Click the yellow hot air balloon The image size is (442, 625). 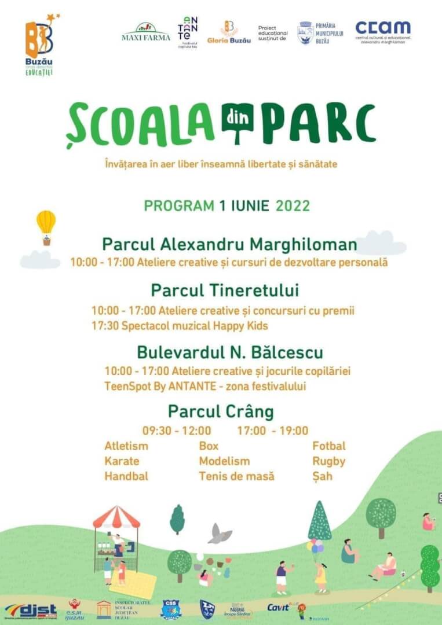tap(46, 223)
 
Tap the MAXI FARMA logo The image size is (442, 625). tap(146, 32)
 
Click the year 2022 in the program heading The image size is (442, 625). tap(293, 206)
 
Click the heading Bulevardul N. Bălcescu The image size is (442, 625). tap(230, 352)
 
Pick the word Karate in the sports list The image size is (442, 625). tap(122, 461)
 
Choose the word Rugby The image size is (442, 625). tap(328, 461)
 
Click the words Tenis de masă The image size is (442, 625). tap(236, 476)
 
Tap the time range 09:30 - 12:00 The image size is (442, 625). tap(177, 431)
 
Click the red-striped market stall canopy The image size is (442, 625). tap(116, 516)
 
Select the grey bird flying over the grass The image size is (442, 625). tap(220, 534)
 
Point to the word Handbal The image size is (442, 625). tap(126, 476)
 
